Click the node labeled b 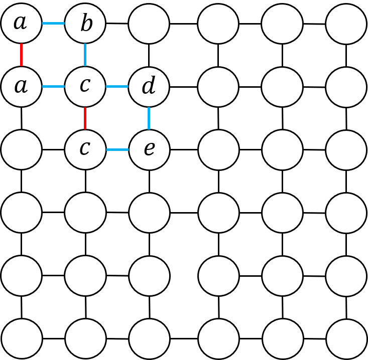pyautogui.click(x=85, y=24)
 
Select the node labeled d pyautogui.click(x=149, y=87)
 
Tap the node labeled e pyautogui.click(x=149, y=149)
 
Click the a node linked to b pyautogui.click(x=21, y=24)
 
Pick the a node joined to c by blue pyautogui.click(x=21, y=87)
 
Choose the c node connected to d pyautogui.click(x=85, y=87)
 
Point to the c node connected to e pyautogui.click(x=85, y=149)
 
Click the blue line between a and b pyautogui.click(x=53, y=24)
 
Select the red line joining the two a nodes pyautogui.click(x=21, y=55)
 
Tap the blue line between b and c pyautogui.click(x=85, y=55)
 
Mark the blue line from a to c pyautogui.click(x=53, y=87)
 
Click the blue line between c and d pyautogui.click(x=117, y=87)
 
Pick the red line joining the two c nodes pyautogui.click(x=85, y=118)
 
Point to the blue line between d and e pyautogui.click(x=149, y=118)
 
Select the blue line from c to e pyautogui.click(x=117, y=149)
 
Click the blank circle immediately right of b pyautogui.click(x=149, y=24)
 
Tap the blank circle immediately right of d pyautogui.click(x=218, y=87)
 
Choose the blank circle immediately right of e pyautogui.click(x=218, y=149)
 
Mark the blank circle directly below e pyautogui.click(x=149, y=213)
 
